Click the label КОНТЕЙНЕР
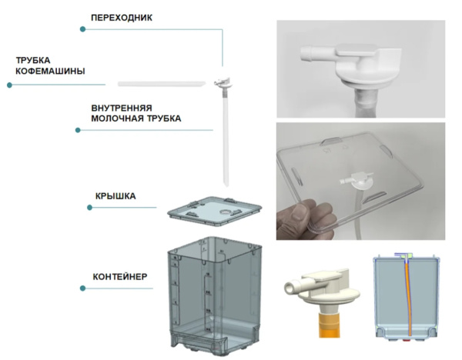click(x=118, y=275)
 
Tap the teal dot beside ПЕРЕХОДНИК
click(x=83, y=30)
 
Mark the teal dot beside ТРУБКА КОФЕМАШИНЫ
click(x=10, y=85)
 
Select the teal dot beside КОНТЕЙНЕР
click(x=83, y=288)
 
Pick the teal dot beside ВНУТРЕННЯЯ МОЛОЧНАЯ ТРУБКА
click(x=79, y=130)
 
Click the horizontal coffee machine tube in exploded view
click(x=162, y=81)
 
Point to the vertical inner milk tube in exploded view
click(x=227, y=138)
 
